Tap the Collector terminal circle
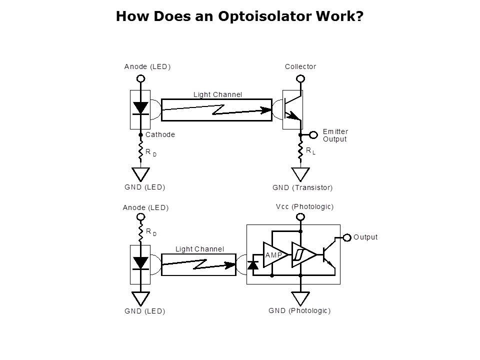click(x=300, y=78)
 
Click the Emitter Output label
click(x=335, y=135)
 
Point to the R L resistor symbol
click(x=300, y=151)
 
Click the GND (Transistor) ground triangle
click(x=300, y=174)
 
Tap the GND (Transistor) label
click(x=302, y=188)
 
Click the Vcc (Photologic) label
click(x=304, y=206)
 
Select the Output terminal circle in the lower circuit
click(x=346, y=237)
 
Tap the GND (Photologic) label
click(x=299, y=310)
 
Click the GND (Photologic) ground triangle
click(x=300, y=298)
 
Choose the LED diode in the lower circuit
click(x=141, y=262)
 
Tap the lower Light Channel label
click(x=199, y=248)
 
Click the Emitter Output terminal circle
click(x=314, y=135)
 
